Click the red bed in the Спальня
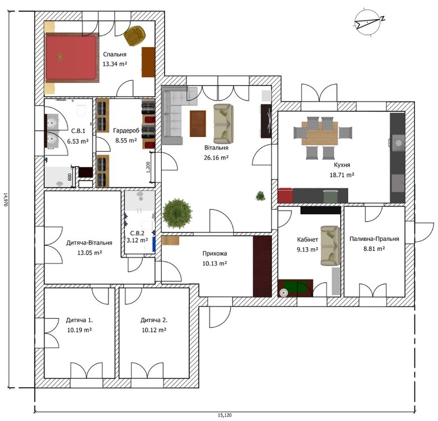point(71,57)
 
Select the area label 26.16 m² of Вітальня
point(216,158)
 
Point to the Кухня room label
point(341,166)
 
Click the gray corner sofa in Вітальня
point(173,112)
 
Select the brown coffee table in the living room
point(198,123)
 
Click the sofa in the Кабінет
point(330,245)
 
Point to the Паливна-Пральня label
point(374,239)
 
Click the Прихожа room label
point(215,253)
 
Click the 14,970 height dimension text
point(6,199)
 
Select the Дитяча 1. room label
point(79,321)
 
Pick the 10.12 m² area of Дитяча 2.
point(153,330)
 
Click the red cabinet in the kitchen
point(285,195)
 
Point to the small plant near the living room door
point(261,196)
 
